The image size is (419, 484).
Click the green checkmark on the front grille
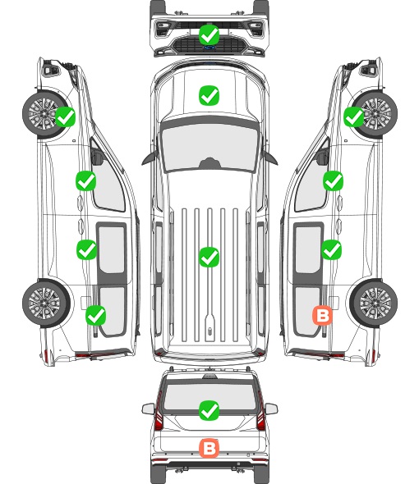click(x=209, y=35)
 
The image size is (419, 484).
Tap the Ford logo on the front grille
click(x=209, y=48)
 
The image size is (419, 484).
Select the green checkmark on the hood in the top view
click(x=209, y=95)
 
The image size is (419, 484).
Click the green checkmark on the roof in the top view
click(x=209, y=257)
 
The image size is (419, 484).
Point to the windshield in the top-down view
click(x=209, y=146)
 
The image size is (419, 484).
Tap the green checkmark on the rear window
click(x=209, y=410)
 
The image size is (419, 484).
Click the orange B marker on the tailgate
click(x=209, y=448)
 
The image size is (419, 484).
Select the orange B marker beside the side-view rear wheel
click(x=323, y=316)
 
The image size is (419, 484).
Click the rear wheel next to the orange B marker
click(x=374, y=303)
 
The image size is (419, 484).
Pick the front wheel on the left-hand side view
click(x=45, y=114)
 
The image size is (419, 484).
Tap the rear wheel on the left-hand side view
click(x=46, y=303)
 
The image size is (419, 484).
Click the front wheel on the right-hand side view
click(x=375, y=114)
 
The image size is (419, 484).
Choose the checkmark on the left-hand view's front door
click(x=86, y=180)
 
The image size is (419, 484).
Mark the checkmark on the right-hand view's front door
click(x=333, y=180)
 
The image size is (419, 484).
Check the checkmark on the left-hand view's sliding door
click(x=87, y=249)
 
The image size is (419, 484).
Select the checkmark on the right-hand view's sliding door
click(x=332, y=249)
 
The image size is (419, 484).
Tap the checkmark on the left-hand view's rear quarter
click(x=96, y=316)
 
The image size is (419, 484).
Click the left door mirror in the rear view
click(x=148, y=409)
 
